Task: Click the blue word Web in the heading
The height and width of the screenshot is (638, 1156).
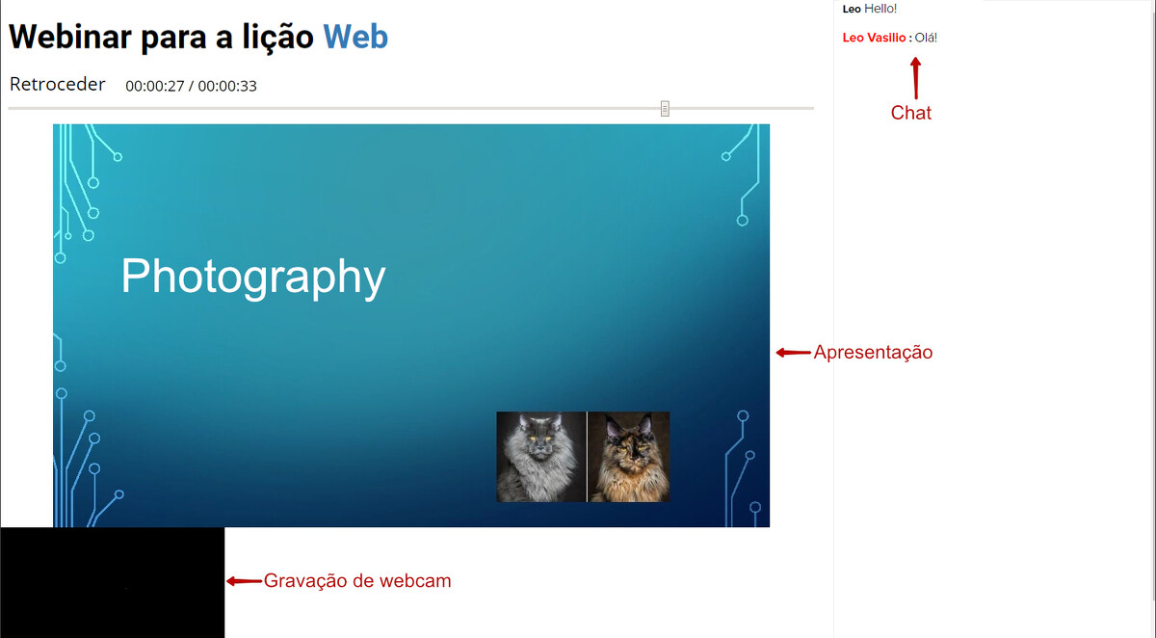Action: click(355, 37)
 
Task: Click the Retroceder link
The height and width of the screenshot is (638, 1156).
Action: click(57, 84)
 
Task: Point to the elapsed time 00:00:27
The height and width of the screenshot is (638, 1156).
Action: click(155, 86)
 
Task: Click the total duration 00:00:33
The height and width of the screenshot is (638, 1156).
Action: click(227, 86)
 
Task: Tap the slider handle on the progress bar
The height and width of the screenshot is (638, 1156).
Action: click(665, 108)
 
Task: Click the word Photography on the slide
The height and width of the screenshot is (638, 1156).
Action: click(253, 278)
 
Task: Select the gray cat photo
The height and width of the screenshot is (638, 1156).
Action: click(540, 457)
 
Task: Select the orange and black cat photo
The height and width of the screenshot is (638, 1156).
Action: click(629, 457)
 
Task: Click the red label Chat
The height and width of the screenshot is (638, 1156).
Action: click(911, 113)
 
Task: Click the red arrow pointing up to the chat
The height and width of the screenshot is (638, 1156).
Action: click(916, 78)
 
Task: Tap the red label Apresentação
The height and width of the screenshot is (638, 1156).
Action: click(873, 353)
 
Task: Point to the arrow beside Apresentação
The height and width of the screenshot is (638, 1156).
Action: click(793, 353)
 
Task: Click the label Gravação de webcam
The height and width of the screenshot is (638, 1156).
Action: click(357, 581)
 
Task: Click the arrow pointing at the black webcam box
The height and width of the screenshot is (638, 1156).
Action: click(244, 581)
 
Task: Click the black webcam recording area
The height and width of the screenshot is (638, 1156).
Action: click(113, 582)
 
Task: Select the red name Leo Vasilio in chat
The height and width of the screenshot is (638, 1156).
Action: click(874, 38)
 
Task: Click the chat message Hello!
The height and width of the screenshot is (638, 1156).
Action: click(880, 9)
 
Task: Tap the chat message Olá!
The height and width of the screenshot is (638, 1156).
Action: click(926, 38)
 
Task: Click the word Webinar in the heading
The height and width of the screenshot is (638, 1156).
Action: click(70, 37)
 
